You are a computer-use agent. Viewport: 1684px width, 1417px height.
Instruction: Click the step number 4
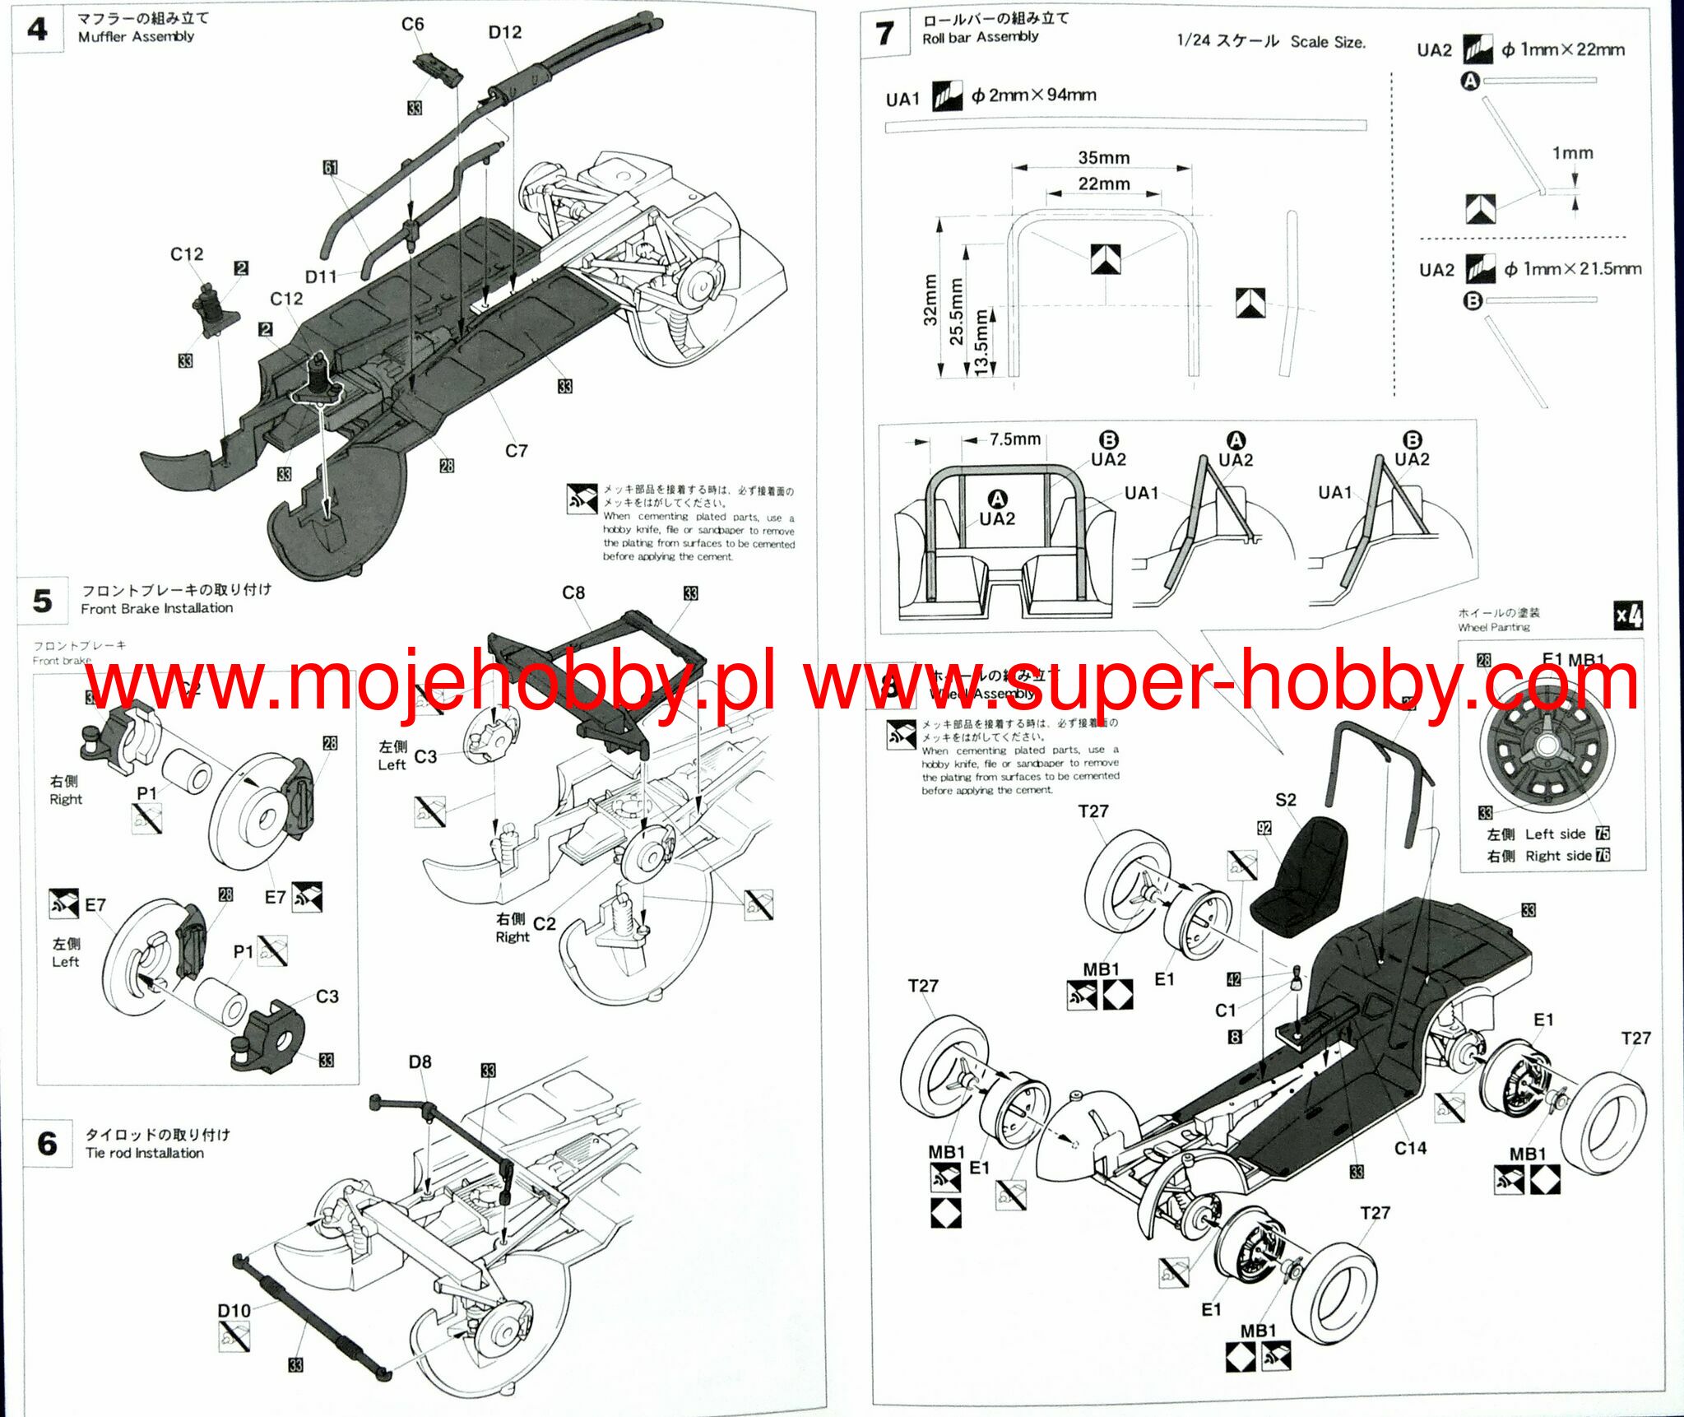pyautogui.click(x=37, y=31)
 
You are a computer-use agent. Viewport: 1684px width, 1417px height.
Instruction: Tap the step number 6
pyautogui.click(x=47, y=1143)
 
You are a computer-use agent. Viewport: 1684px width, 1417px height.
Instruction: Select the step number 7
pyautogui.click(x=884, y=34)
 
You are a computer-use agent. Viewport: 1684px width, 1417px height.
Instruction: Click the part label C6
pyautogui.click(x=412, y=25)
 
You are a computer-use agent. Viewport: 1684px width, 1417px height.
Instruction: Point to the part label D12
pyautogui.click(x=504, y=32)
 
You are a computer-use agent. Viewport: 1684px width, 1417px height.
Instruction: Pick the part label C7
pyautogui.click(x=516, y=451)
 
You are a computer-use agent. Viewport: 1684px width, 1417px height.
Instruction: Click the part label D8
pyautogui.click(x=420, y=1062)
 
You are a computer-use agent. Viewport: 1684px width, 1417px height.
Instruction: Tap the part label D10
pyautogui.click(x=234, y=1311)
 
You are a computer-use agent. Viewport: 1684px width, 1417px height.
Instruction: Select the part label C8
pyautogui.click(x=573, y=592)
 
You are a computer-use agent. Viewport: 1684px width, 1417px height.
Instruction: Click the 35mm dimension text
pyautogui.click(x=1103, y=158)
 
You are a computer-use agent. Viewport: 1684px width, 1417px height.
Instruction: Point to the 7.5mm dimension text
pyautogui.click(x=1014, y=439)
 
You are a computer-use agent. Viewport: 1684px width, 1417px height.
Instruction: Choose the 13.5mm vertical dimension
pyautogui.click(x=981, y=342)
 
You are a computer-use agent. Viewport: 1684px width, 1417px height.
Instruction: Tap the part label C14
pyautogui.click(x=1410, y=1148)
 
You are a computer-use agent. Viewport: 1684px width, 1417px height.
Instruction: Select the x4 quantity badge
pyautogui.click(x=1628, y=616)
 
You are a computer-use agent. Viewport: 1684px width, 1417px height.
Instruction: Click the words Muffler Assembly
pyautogui.click(x=136, y=37)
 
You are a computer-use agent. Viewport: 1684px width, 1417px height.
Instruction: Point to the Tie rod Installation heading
pyautogui.click(x=145, y=1153)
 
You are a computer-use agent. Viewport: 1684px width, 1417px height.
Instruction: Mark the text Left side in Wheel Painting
pyautogui.click(x=1555, y=834)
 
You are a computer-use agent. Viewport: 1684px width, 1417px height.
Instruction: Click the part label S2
pyautogui.click(x=1286, y=800)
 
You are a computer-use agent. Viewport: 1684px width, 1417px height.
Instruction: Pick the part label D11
pyautogui.click(x=321, y=276)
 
